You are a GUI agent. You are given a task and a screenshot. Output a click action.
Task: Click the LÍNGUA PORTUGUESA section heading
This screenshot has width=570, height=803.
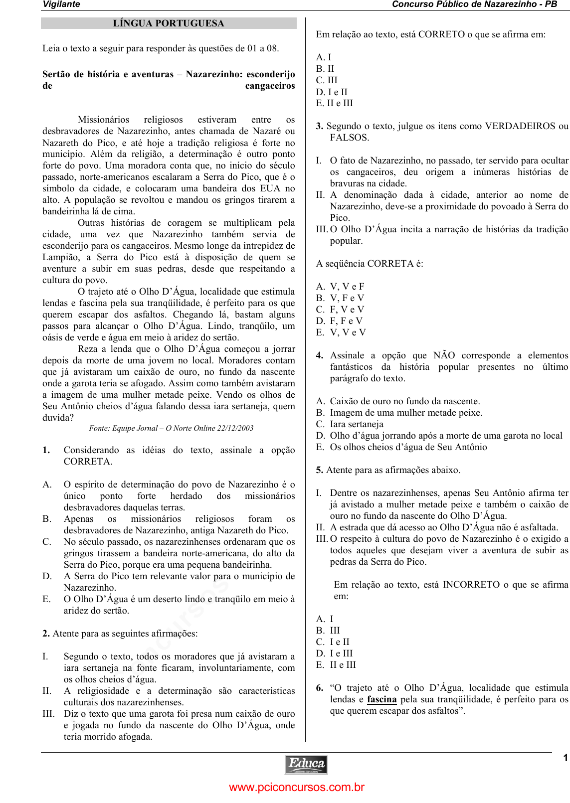point(169,23)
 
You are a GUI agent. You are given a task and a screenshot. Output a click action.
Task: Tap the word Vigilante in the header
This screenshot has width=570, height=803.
point(61,4)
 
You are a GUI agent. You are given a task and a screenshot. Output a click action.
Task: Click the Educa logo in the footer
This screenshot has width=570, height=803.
point(306,765)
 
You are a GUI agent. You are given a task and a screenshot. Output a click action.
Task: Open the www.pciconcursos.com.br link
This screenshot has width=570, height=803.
point(297,788)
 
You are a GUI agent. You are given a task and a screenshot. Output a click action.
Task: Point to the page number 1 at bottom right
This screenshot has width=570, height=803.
point(565,758)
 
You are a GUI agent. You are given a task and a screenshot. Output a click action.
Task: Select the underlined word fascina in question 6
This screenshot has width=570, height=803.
point(381,699)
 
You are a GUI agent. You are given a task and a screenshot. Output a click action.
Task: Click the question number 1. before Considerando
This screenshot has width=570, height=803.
point(46,450)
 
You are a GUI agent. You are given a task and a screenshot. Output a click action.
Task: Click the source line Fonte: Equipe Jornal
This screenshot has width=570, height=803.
point(171,428)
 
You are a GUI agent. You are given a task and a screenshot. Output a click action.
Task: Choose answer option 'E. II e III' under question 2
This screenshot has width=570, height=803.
point(334,103)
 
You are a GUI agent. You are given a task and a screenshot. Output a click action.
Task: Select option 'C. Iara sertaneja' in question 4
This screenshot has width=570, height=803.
point(350,424)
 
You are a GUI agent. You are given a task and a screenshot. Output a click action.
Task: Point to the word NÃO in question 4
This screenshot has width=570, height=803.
point(444,355)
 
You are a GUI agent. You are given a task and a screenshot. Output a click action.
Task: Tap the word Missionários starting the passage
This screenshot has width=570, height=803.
point(103,120)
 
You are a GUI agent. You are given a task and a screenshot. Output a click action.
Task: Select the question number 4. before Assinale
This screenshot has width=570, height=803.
point(320,355)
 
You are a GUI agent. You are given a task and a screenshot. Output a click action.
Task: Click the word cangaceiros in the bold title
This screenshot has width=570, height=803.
point(270,86)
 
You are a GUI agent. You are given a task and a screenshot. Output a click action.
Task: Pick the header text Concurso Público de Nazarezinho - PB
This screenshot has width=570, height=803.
point(474,4)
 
